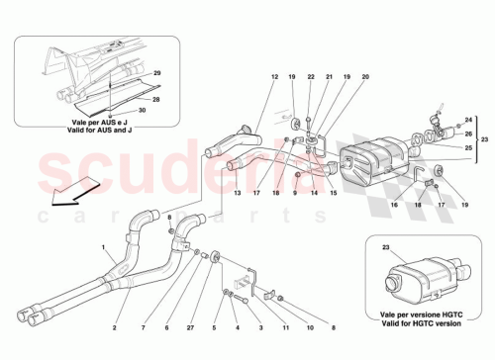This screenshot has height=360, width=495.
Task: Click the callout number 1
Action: [x=103, y=246]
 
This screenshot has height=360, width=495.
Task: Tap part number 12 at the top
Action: [x=273, y=77]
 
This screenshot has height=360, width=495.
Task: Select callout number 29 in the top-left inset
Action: [x=155, y=75]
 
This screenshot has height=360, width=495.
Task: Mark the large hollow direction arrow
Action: [x=75, y=192]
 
